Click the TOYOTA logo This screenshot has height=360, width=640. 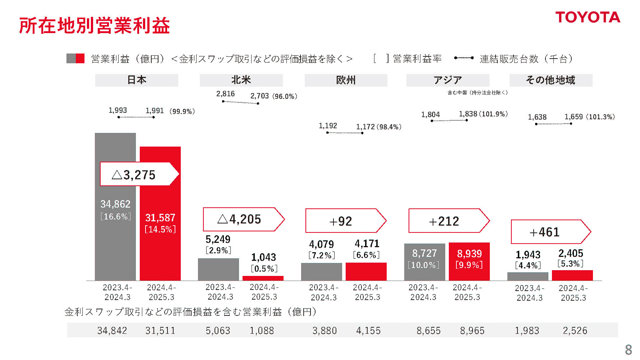pos(588,17)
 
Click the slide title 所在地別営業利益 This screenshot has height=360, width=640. pos(94,26)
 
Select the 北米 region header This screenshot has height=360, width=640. pos(241,80)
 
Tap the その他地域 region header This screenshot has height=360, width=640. pos(551,80)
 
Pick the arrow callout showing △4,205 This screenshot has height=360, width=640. pos(243,219)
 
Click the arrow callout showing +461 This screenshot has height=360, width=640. pos(550,232)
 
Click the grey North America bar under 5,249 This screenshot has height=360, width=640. pos(218,269)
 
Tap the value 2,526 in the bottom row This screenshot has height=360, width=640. pos(575,331)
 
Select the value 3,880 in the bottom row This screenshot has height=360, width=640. pos(324,331)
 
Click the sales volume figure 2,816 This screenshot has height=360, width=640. pos(225,94)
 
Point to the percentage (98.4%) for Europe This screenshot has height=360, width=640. pos(390,127)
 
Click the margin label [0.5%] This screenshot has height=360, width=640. pos(264,269)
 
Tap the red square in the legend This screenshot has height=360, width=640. pos(80,59)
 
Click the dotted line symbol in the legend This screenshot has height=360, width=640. pos(464,58)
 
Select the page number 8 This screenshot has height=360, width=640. pos(629,350)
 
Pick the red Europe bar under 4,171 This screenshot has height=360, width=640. pos(366,272)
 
